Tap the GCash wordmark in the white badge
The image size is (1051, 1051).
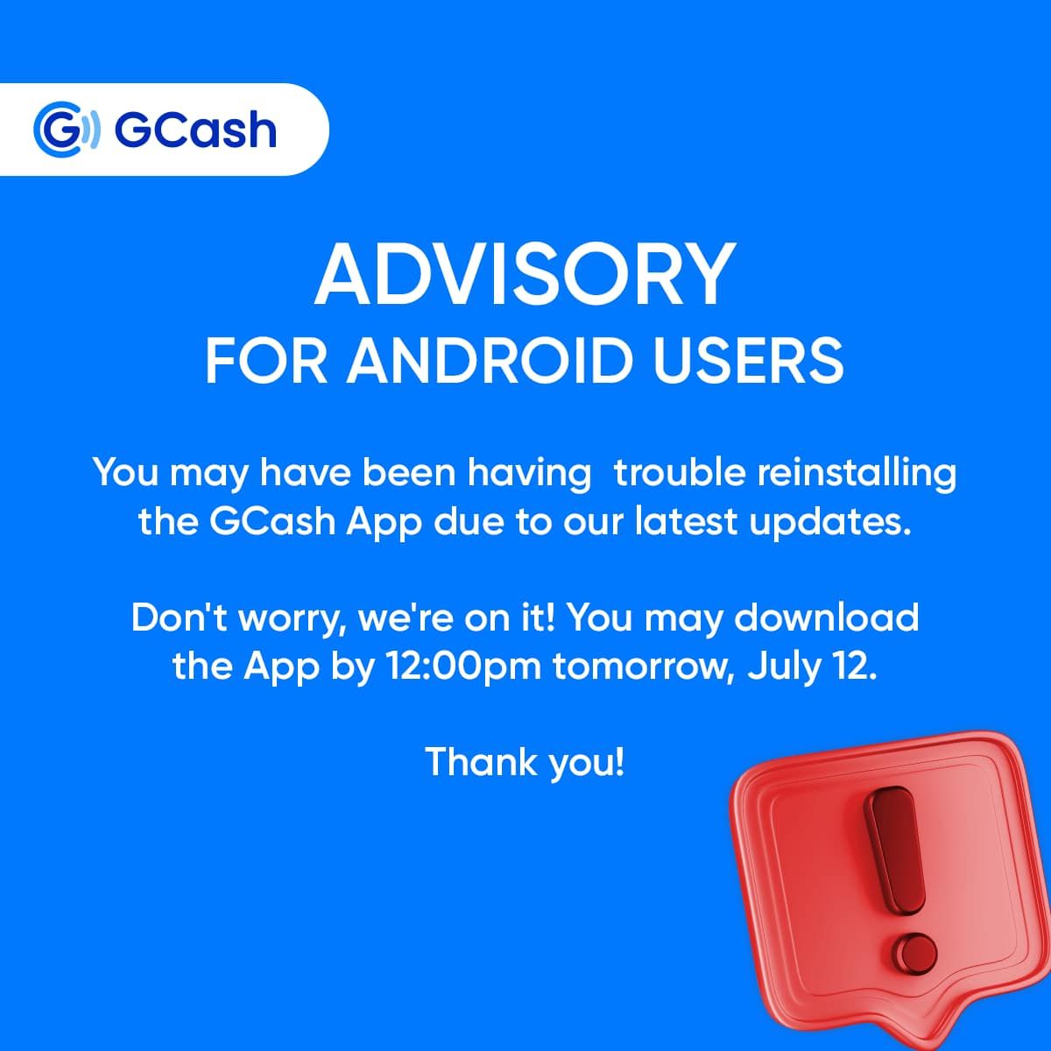pyautogui.click(x=195, y=130)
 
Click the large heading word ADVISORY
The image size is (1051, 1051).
pyautogui.click(x=525, y=274)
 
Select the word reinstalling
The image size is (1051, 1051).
pyautogui.click(x=857, y=473)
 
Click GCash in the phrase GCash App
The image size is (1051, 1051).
pyautogui.click(x=272, y=522)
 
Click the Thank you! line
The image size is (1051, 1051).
pyautogui.click(x=525, y=762)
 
